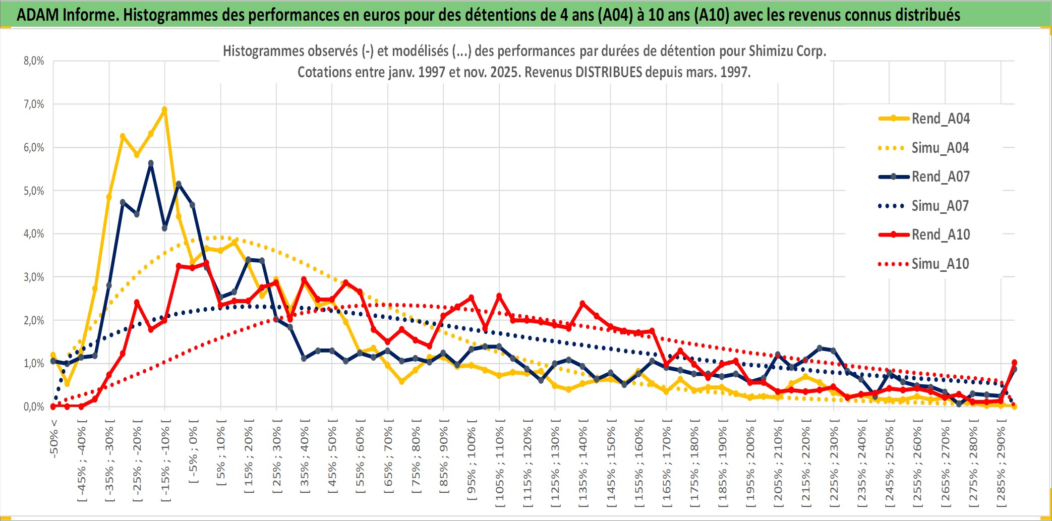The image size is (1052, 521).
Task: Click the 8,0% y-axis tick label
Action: tap(34, 61)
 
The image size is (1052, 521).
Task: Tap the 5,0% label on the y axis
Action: tap(34, 191)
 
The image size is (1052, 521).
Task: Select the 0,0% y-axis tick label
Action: tap(34, 407)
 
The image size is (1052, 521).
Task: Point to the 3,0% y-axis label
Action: tap(34, 277)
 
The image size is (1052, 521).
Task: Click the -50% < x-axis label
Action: tap(54, 439)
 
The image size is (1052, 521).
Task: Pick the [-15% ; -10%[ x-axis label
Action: tap(165, 464)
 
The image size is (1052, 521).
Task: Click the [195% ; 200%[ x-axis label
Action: tap(750, 467)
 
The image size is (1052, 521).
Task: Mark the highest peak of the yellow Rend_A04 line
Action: tap(164, 109)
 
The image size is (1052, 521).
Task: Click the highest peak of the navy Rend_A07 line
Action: tap(151, 163)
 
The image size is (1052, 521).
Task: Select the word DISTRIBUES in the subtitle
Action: tap(609, 72)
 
